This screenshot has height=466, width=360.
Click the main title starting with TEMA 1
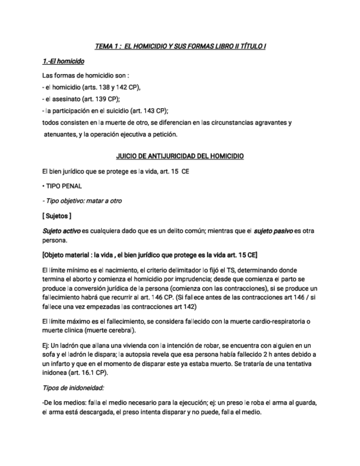pyautogui.click(x=180, y=47)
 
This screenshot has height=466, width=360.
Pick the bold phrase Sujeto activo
pyautogui.click(x=61, y=231)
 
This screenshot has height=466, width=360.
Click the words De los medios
pyautogui.click(x=60, y=402)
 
